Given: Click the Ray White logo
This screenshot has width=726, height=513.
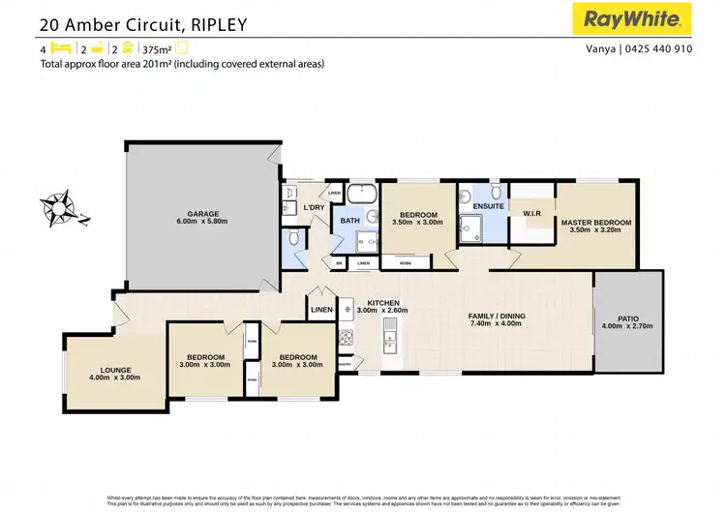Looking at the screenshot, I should coord(635,18).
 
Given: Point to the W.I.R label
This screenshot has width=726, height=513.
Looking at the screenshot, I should coord(530,213).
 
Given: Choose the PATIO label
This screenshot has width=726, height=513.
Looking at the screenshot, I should coord(628,317).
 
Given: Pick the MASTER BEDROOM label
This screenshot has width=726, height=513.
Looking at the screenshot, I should coord(595,223).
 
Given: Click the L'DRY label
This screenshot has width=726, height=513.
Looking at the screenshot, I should coord(313,208).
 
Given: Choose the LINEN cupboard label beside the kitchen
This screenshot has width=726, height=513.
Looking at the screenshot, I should coord(321,311).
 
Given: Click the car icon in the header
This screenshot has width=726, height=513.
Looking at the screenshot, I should coord(126,47).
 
